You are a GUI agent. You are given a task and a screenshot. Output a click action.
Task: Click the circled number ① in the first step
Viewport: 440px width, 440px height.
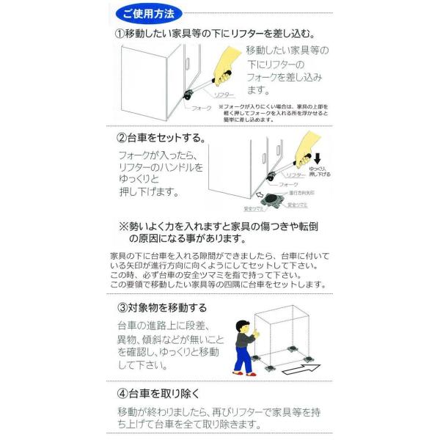tap(120, 34)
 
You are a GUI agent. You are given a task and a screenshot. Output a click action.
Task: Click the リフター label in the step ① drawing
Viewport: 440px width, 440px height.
tap(224, 95)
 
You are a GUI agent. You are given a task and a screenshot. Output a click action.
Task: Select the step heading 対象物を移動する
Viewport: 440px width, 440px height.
tap(168, 307)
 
